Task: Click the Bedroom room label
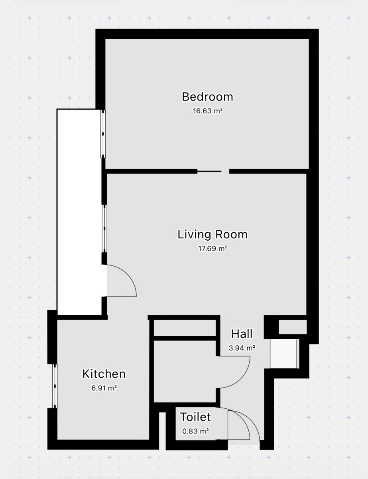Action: pyautogui.click(x=207, y=97)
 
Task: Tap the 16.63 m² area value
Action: pyautogui.click(x=208, y=111)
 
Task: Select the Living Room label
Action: pyautogui.click(x=213, y=235)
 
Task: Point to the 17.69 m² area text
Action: pyautogui.click(x=213, y=249)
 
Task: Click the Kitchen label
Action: pyautogui.click(x=104, y=374)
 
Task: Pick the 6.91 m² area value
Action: pyautogui.click(x=104, y=388)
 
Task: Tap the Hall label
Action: pyautogui.click(x=242, y=334)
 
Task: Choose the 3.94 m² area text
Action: pyautogui.click(x=242, y=348)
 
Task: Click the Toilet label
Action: pyautogui.click(x=195, y=417)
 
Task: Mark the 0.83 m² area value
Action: pyautogui.click(x=195, y=431)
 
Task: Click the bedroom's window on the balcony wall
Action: pyautogui.click(x=103, y=134)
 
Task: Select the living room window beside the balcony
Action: pyautogui.click(x=104, y=228)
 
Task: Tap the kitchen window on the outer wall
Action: pyautogui.click(x=55, y=386)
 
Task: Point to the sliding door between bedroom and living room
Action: pyautogui.click(x=209, y=171)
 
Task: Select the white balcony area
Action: pyautogui.click(x=79, y=212)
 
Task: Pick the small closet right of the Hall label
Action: pyautogui.click(x=293, y=327)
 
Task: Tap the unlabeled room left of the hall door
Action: pyautogui.click(x=185, y=372)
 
